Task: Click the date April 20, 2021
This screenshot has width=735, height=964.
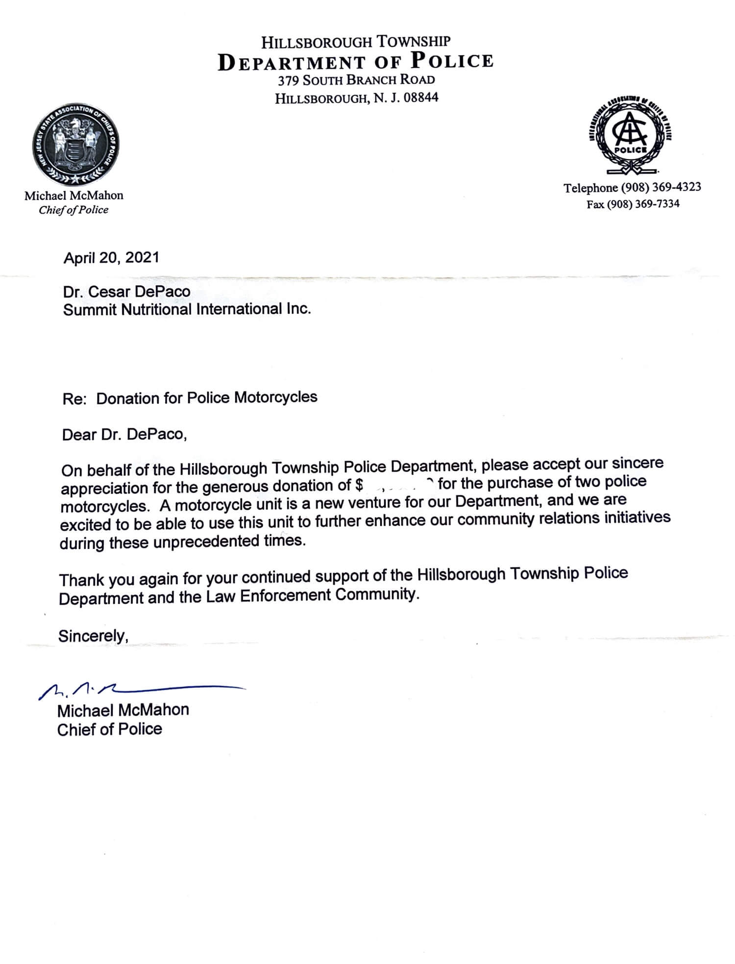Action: (x=111, y=258)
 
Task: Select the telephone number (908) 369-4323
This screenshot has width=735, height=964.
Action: (x=661, y=187)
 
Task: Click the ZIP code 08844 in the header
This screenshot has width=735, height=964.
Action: (x=421, y=98)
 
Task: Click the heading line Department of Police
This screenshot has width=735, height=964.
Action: (x=355, y=62)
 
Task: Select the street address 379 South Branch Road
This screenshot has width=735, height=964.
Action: (x=356, y=80)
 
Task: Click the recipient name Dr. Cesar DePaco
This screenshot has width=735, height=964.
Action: (x=126, y=292)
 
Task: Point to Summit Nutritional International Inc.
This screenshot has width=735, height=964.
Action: (x=187, y=309)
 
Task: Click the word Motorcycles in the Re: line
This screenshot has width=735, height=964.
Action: (x=276, y=397)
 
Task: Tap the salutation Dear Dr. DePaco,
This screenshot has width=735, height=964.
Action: (x=124, y=434)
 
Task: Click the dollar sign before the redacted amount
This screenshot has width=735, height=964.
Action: (x=359, y=485)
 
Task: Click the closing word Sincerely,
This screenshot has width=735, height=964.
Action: (x=93, y=636)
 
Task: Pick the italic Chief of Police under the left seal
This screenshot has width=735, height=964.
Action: (x=73, y=210)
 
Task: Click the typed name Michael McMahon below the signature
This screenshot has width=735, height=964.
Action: (x=123, y=710)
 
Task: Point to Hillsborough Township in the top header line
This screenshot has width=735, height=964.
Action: (x=356, y=42)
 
